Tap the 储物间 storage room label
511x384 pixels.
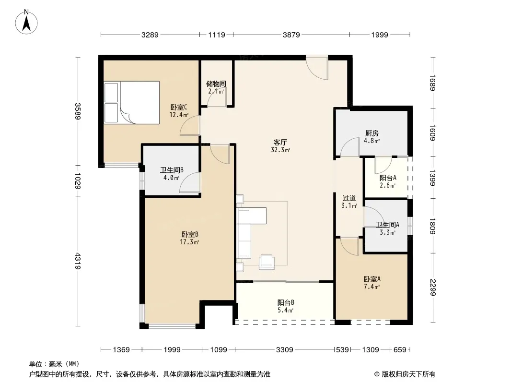click(216, 84)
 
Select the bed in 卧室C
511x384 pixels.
click(132, 102)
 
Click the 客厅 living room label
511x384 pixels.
click(280, 143)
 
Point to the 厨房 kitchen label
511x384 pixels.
click(372, 133)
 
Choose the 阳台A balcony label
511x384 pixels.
click(388, 178)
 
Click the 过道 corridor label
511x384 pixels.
click(349, 198)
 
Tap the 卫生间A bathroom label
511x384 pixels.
click(387, 225)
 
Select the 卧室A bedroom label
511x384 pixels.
click(372, 279)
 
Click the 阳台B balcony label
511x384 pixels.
click(286, 302)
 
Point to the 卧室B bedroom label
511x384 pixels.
click(190, 234)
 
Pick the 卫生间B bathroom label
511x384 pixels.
click(172, 170)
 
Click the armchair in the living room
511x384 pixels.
click(267, 262)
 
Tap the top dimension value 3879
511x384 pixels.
click(291, 35)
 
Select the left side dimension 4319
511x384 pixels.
click(78, 261)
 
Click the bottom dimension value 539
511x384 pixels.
click(342, 350)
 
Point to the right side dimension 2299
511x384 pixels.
click(432, 288)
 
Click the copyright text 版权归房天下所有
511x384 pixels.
click(408, 374)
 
